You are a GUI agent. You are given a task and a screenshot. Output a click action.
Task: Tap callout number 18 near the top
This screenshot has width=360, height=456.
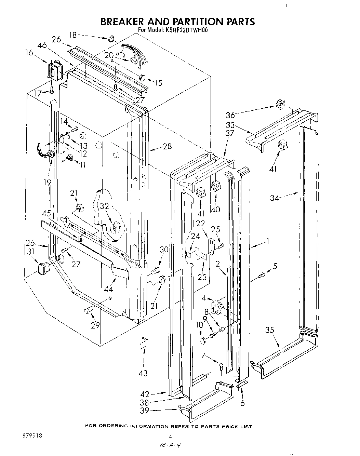coord(73,35)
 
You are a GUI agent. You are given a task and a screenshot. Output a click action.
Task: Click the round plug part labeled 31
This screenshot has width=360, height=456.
coord(43,268)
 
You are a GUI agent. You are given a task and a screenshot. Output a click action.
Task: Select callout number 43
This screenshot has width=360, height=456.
coord(143,373)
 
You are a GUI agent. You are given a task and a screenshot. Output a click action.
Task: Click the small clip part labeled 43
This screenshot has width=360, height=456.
coord(143,343)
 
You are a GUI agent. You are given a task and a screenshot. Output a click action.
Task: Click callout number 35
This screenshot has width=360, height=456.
coord(270,330)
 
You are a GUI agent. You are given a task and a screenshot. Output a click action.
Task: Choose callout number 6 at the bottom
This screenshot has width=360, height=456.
coord(242,403)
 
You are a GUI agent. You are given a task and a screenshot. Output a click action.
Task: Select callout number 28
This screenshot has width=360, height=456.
coord(167,147)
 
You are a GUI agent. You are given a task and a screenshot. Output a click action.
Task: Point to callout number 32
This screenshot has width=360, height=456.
coord(105,206)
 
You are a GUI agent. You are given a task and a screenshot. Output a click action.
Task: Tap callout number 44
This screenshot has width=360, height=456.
coord(109,289)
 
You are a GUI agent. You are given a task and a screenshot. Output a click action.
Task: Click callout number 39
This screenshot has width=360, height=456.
coord(145,411)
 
